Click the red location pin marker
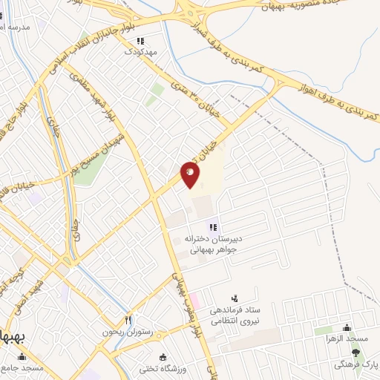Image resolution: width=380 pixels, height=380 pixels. tap(190, 174)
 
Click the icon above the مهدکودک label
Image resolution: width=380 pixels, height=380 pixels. tap(141, 42)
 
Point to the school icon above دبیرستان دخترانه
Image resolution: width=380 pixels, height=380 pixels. tap(213, 227)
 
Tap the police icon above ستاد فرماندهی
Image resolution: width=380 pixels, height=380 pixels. tap(235, 298)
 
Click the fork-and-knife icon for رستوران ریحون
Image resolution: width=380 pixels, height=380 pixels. tap(128, 320)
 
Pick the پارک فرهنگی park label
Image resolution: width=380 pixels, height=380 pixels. tap(359, 364)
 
